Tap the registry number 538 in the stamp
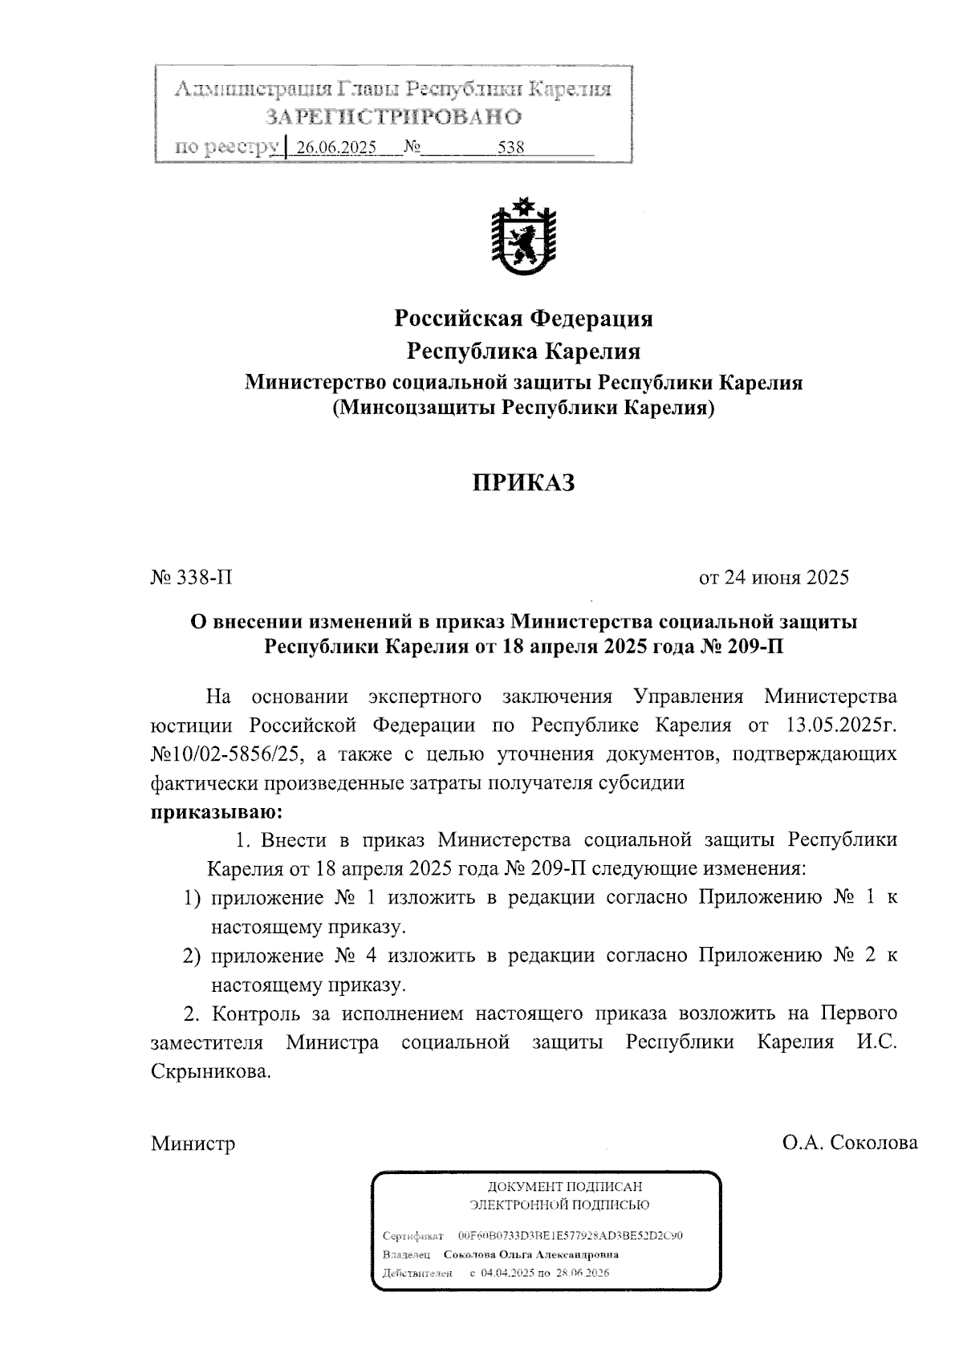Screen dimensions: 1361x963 (510, 148)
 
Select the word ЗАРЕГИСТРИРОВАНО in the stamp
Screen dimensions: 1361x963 (393, 117)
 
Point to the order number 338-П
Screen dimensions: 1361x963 (192, 578)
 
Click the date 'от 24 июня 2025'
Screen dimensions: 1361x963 (774, 578)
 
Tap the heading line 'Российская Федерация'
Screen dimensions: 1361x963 (523, 319)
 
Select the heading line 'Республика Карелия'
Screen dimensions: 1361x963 (523, 351)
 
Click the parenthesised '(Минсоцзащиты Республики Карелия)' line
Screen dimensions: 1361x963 (523, 408)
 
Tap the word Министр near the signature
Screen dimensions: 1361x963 (193, 1144)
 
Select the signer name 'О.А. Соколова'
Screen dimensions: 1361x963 (851, 1144)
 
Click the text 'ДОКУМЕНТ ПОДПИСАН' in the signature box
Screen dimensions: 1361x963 (565, 1186)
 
